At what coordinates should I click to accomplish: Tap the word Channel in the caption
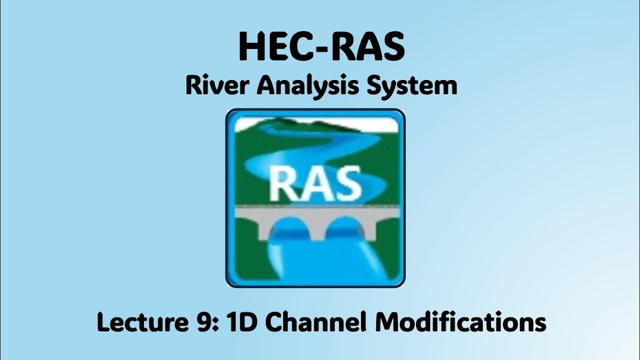tap(317, 322)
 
